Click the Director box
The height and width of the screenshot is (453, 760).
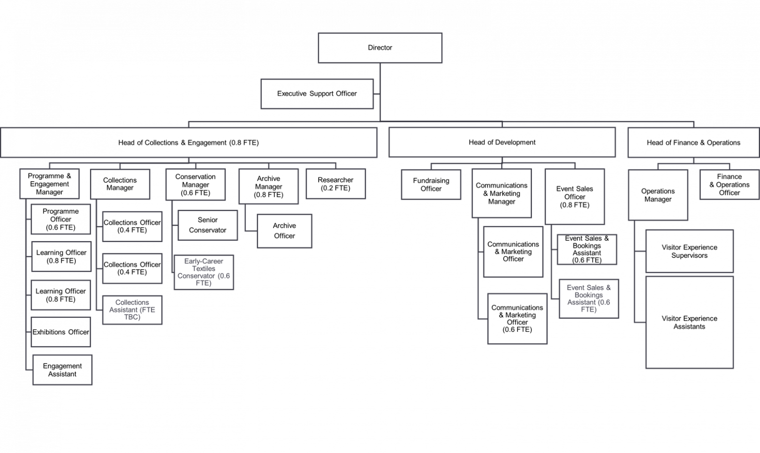click(x=380, y=48)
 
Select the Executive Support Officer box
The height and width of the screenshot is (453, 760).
click(x=317, y=94)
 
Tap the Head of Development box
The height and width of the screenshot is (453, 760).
click(x=502, y=142)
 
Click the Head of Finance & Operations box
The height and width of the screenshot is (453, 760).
click(x=694, y=143)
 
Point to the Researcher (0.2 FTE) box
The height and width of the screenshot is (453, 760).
click(x=335, y=184)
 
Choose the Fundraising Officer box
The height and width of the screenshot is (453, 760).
click(x=431, y=184)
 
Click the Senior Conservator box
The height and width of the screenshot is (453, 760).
click(x=208, y=225)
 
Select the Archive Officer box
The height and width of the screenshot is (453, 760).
click(x=285, y=231)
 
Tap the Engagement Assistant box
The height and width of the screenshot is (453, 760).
click(x=62, y=370)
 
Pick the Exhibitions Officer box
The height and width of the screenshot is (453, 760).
click(x=61, y=332)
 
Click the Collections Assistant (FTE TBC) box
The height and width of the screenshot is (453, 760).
click(x=132, y=310)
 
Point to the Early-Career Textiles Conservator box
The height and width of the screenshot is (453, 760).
click(x=203, y=272)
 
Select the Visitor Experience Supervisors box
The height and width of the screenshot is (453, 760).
click(x=689, y=252)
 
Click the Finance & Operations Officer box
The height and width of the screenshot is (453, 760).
click(x=729, y=184)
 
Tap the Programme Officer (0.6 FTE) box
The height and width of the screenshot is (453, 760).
click(x=61, y=219)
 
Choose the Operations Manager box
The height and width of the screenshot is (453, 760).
click(x=658, y=195)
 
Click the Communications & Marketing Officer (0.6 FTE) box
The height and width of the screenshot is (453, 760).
click(x=518, y=318)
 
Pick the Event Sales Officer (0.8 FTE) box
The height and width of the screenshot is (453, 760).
click(x=575, y=197)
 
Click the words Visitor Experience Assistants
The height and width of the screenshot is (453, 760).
click(x=689, y=323)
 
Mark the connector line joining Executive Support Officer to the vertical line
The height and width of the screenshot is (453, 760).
click(x=377, y=94)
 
